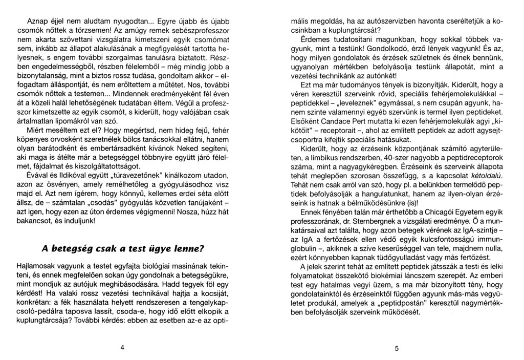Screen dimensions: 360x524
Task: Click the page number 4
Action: [x=122, y=347]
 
